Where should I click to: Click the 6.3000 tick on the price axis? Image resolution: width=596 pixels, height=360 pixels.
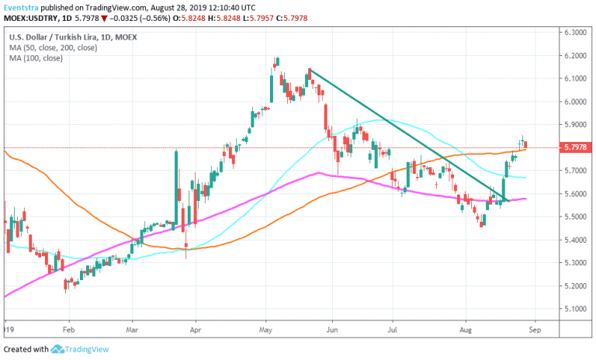574,32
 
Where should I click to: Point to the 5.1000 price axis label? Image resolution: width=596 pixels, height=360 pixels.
574,309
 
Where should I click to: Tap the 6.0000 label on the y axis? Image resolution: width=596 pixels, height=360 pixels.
574,101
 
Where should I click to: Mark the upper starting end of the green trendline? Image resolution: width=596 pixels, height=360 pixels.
309,70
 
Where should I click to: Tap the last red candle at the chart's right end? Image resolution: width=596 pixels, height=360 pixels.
526,144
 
